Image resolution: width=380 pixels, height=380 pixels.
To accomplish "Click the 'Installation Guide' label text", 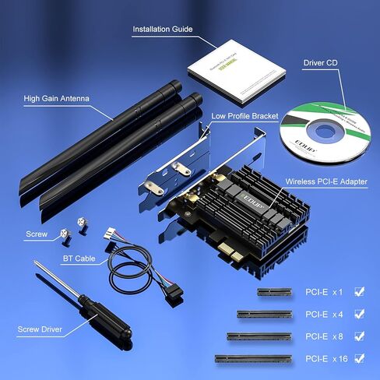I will coord(163,30).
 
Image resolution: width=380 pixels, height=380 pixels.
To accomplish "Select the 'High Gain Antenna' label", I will coord(56,99).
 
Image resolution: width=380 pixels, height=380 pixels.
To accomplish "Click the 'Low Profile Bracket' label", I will coord(246,116).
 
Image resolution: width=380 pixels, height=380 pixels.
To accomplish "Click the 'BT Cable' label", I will coord(79,257).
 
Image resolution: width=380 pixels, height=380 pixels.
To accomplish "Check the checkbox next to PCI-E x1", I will coord(359,292).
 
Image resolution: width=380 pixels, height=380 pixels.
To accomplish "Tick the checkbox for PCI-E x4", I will coord(359,314).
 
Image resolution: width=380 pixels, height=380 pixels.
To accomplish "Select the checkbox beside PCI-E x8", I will coord(359,336).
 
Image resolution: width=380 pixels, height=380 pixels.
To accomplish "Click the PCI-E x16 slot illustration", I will coord(253,359).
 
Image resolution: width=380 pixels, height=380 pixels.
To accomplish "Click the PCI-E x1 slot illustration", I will coord(276,293).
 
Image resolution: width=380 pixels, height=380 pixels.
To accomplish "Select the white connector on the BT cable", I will coord(112,232).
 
